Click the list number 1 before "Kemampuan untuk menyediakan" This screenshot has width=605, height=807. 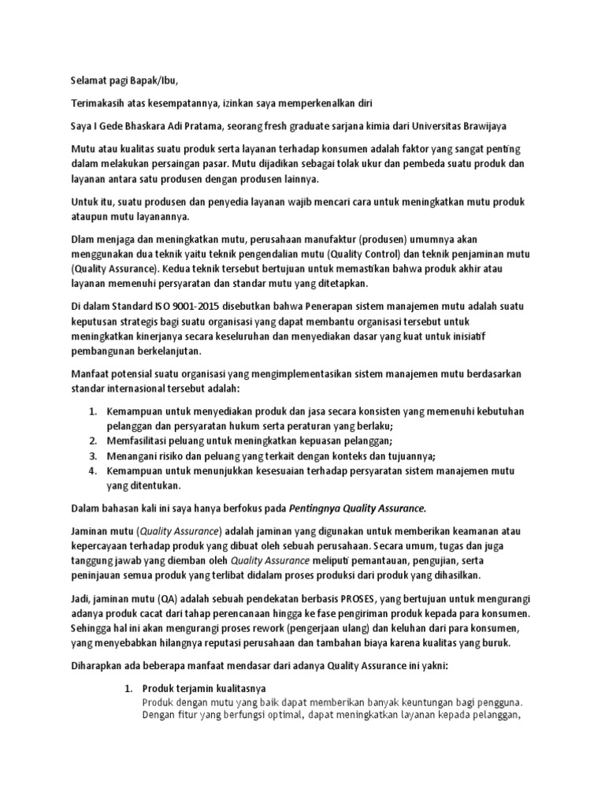click(91, 412)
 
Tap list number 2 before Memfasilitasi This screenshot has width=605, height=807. click(91, 441)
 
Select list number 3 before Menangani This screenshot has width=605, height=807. click(91, 456)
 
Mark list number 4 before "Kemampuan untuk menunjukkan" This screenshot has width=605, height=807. click(91, 471)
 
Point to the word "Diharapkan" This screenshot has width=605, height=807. click(93, 666)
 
